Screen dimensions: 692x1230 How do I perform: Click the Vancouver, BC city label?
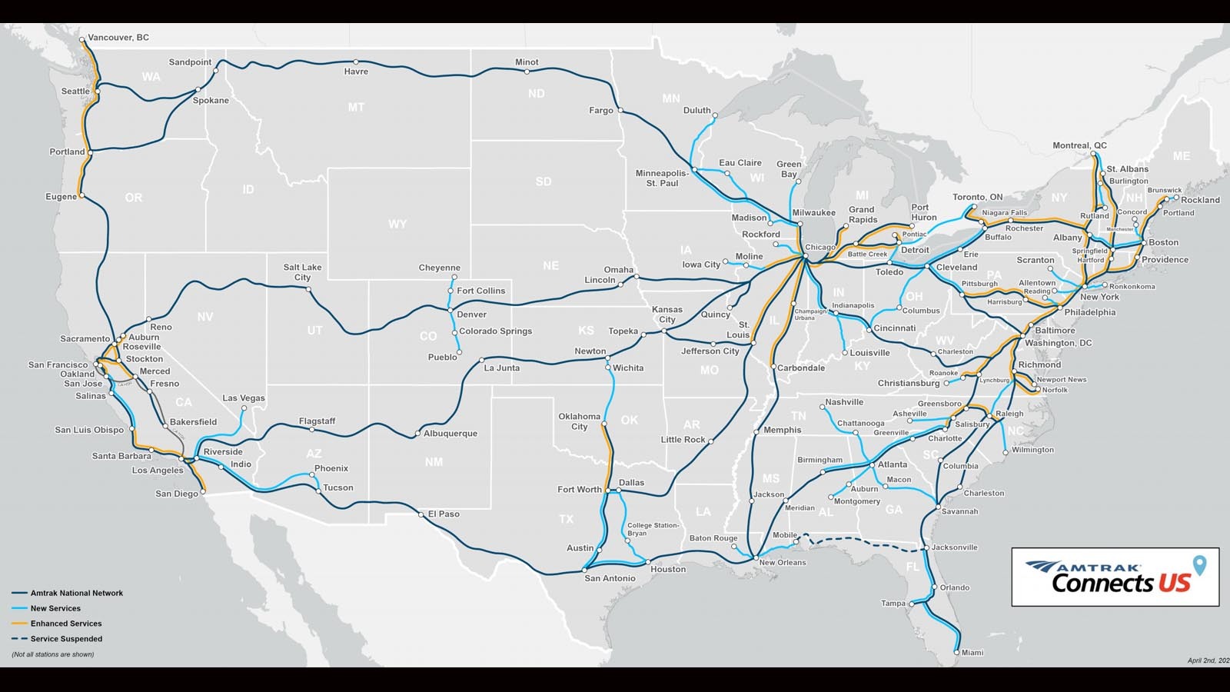click(x=118, y=38)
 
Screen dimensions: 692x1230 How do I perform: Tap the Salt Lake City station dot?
click(x=309, y=290)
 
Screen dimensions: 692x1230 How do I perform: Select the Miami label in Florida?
click(x=972, y=653)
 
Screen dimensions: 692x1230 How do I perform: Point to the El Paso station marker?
click(x=421, y=514)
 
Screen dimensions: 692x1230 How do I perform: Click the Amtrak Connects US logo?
click(x=1115, y=577)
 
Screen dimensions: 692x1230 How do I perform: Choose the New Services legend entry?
click(x=55, y=608)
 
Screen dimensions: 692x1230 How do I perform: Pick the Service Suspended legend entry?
click(x=66, y=639)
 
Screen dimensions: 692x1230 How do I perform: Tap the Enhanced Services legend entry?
click(x=66, y=624)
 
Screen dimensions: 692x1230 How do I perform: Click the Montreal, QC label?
click(x=1079, y=146)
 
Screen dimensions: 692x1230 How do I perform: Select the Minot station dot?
click(x=527, y=72)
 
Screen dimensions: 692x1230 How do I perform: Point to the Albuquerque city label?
click(x=450, y=434)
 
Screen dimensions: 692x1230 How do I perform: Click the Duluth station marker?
click(x=715, y=117)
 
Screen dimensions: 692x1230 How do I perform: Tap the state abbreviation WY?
click(x=397, y=225)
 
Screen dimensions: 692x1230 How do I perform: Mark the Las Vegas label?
click(x=244, y=398)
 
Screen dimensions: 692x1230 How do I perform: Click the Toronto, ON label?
click(x=978, y=198)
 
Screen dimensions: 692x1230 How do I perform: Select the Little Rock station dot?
click(x=710, y=441)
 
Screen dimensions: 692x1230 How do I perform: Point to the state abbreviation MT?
click(x=356, y=108)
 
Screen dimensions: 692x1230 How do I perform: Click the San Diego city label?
click(x=177, y=494)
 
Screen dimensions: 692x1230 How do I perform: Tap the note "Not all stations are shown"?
click(x=53, y=654)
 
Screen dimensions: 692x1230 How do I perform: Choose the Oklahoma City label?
click(x=580, y=421)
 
